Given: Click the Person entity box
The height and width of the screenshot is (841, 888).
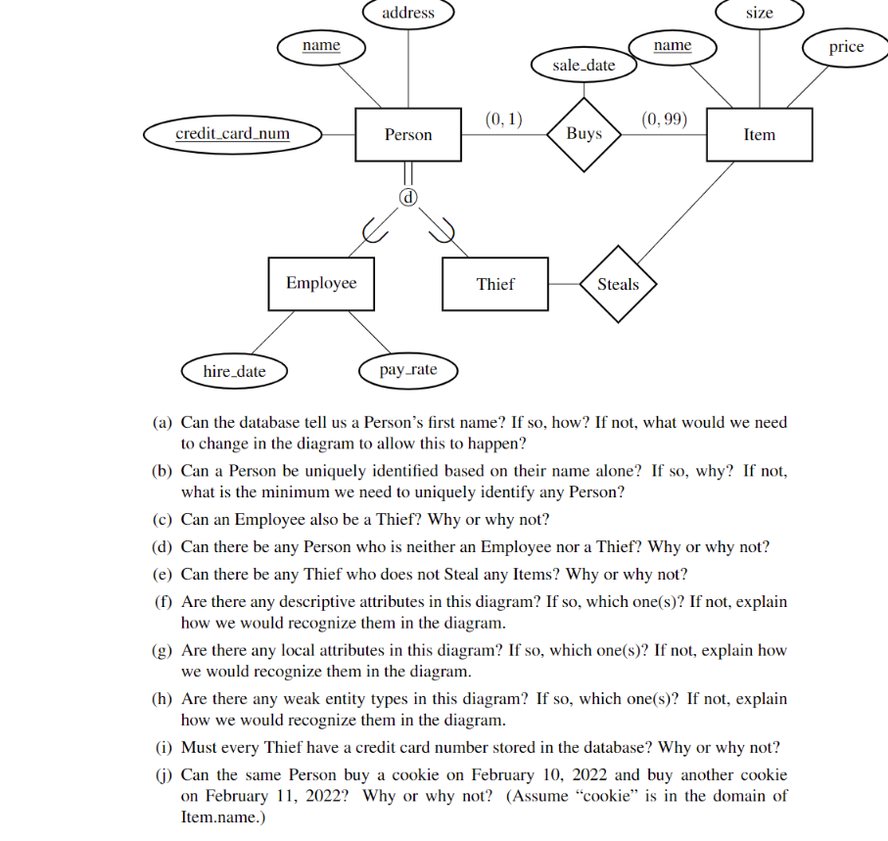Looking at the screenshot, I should pyautogui.click(x=408, y=135).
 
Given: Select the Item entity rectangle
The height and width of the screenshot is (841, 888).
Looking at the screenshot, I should pyautogui.click(x=759, y=135).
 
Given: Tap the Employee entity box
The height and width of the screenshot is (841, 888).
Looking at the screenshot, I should pyautogui.click(x=321, y=283).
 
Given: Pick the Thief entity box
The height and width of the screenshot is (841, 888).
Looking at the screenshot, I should pyautogui.click(x=495, y=284).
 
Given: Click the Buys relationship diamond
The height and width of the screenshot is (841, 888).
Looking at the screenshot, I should pyautogui.click(x=584, y=133).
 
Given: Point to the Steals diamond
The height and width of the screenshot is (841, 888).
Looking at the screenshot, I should pyautogui.click(x=618, y=285).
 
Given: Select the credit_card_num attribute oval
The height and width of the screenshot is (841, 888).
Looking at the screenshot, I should pyautogui.click(x=232, y=134).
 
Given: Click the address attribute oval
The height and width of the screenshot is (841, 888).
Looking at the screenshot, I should pyautogui.click(x=408, y=13).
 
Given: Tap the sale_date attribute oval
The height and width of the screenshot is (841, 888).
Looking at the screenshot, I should pyautogui.click(x=584, y=66).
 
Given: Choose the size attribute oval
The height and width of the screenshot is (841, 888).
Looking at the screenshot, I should pyautogui.click(x=759, y=13).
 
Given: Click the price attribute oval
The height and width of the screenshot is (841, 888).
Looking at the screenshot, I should pyautogui.click(x=846, y=47).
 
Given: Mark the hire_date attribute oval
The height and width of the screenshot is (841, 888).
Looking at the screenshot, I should pyautogui.click(x=234, y=371).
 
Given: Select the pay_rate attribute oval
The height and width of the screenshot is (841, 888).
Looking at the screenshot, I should pyautogui.click(x=408, y=370).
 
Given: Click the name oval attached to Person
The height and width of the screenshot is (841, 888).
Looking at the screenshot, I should pyautogui.click(x=321, y=46).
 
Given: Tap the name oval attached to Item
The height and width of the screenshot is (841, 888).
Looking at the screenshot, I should pyautogui.click(x=672, y=46).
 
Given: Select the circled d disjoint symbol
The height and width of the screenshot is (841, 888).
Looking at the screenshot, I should pyautogui.click(x=408, y=198).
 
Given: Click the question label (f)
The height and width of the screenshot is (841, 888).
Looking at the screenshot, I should pyautogui.click(x=164, y=602).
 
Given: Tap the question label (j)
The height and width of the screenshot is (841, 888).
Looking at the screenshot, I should pyautogui.click(x=164, y=774).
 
